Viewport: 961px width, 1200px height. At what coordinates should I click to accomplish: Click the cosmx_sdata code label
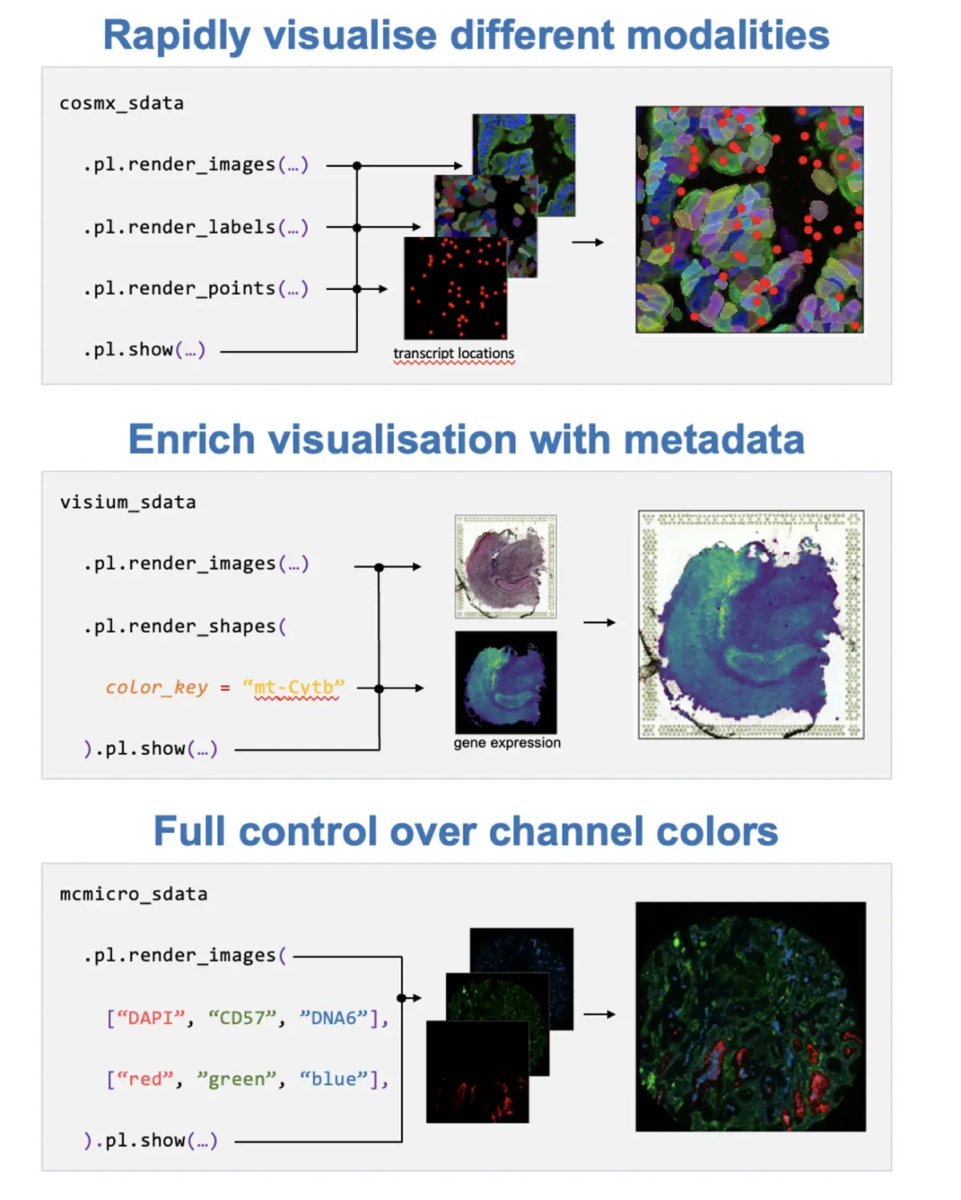122,103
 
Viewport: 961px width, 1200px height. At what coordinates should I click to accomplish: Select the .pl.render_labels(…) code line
195,228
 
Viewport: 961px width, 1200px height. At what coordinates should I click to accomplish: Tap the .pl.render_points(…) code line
195,288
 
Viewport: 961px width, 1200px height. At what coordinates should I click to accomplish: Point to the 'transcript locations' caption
453,353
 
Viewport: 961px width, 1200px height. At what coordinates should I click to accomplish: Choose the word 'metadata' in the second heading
714,440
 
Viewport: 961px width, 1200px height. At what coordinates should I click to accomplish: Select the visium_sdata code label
127,502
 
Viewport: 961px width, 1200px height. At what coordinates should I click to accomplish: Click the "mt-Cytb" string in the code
294,687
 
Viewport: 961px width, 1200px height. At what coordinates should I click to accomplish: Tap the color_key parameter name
156,687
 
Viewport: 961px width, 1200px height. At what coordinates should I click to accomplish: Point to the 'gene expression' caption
507,743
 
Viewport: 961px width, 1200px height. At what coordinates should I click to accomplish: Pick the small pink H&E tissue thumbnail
505,566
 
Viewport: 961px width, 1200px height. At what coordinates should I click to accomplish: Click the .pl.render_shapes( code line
185,626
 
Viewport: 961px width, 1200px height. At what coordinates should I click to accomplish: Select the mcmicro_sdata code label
133,894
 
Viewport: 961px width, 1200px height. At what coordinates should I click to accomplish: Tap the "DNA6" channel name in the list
333,1018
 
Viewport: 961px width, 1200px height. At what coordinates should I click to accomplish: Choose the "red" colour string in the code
145,1079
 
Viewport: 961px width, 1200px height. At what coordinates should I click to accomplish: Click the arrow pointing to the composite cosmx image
588,242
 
